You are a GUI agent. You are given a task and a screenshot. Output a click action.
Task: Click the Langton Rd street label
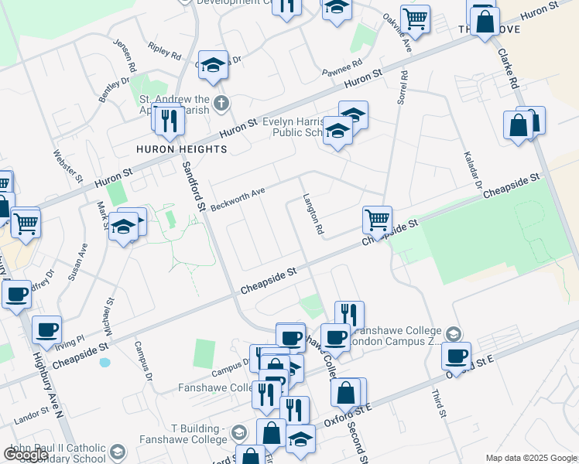(x=313, y=214)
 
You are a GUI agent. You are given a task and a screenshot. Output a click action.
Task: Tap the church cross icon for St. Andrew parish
(x=221, y=103)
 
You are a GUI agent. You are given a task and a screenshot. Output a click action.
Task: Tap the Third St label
(x=437, y=402)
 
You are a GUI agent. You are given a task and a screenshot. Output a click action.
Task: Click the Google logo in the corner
(x=26, y=455)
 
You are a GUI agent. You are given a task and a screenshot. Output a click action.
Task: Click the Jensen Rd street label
(x=125, y=53)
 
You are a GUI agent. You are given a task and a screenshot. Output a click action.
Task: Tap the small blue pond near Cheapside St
(x=105, y=362)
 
